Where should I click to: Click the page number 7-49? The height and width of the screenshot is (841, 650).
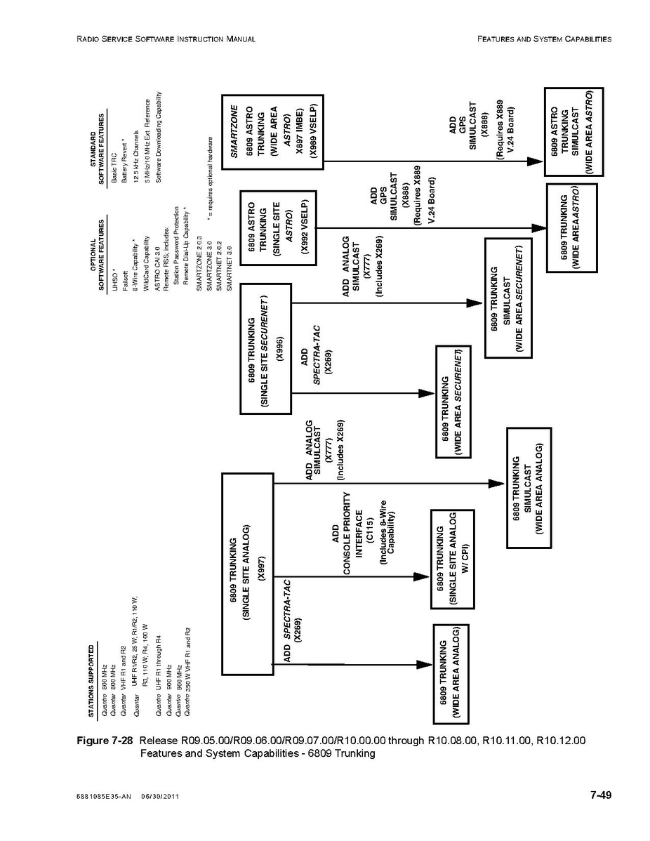click(x=600, y=795)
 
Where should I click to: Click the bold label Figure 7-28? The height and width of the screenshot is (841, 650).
click(x=105, y=741)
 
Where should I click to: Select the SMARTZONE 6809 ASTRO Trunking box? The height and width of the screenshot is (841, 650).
click(x=272, y=133)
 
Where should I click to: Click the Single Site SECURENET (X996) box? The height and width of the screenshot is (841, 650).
click(x=265, y=349)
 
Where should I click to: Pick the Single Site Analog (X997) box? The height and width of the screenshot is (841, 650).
click(x=248, y=574)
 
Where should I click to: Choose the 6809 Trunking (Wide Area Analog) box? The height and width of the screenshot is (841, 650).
click(x=451, y=674)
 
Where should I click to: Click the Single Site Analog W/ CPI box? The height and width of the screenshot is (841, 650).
click(x=453, y=559)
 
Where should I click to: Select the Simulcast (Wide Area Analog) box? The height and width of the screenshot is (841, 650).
click(x=529, y=488)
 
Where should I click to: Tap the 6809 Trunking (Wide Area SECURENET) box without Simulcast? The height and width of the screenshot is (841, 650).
click(x=453, y=402)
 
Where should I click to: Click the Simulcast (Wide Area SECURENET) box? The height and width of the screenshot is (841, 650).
click(x=508, y=298)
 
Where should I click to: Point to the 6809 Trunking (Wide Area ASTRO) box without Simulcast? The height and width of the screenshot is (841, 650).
click(x=571, y=228)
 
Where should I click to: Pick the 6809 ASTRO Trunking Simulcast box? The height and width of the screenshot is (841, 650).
click(x=574, y=132)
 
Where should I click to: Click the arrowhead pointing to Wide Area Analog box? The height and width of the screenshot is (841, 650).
click(x=425, y=665)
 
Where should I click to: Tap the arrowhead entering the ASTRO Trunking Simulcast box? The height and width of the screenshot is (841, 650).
click(x=536, y=161)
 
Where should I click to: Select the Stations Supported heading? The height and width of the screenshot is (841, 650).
click(x=92, y=681)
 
